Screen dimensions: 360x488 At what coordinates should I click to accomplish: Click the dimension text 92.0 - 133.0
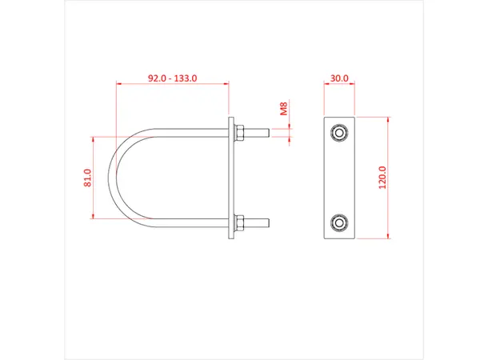173,78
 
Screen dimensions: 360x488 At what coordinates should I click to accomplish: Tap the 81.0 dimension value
87,178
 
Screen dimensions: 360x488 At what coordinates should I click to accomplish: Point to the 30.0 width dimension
339,78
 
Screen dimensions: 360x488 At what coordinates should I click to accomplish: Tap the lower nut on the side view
239,222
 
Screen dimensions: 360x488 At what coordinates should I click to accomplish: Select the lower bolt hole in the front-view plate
339,222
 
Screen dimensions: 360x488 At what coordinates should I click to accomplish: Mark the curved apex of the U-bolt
117,178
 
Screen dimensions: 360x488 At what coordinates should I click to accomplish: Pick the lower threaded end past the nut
260,222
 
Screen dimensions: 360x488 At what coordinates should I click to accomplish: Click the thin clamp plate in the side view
232,178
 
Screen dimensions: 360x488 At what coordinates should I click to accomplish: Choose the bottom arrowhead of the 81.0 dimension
94,216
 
